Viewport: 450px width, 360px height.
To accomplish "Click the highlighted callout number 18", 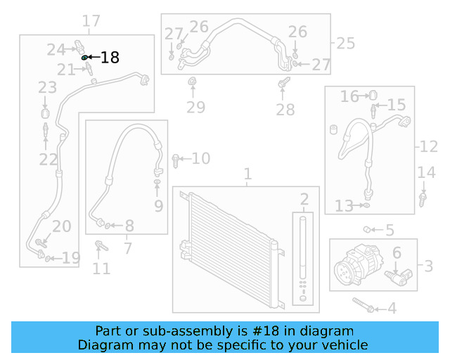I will click(x=110, y=58).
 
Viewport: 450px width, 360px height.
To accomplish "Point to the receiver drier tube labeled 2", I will click(x=304, y=250).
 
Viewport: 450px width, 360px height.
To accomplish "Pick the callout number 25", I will click(x=345, y=44).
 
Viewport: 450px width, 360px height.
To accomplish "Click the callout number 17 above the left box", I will click(x=91, y=21).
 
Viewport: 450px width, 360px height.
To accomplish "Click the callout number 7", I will click(x=127, y=247).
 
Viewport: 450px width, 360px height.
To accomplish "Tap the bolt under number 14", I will click(x=423, y=199).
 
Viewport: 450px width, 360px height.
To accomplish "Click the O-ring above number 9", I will click(x=157, y=184).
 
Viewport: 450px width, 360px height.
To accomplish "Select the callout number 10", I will click(x=200, y=159).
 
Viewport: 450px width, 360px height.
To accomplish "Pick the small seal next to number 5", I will click(x=367, y=229).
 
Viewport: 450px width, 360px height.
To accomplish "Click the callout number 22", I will click(x=48, y=160).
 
